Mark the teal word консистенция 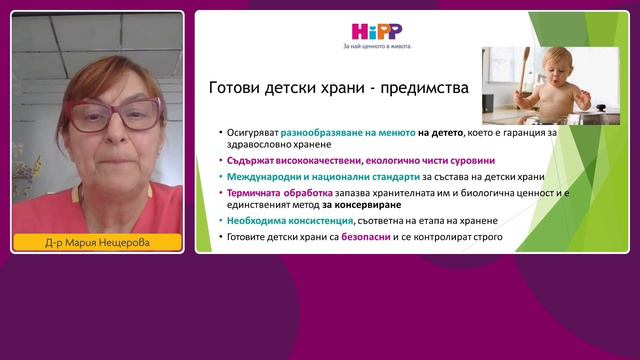(x=328, y=221)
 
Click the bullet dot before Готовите (x=218, y=237)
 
